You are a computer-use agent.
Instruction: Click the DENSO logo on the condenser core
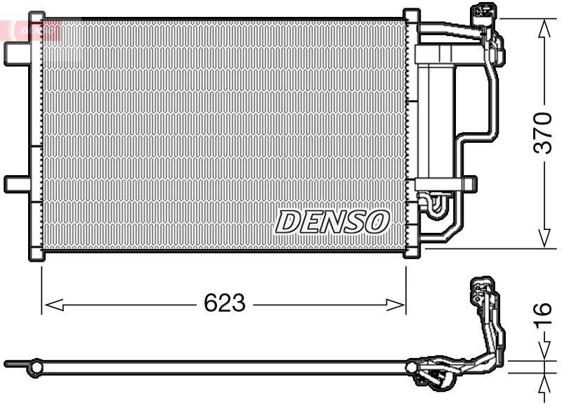coord(332,221)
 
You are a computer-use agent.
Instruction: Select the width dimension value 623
coord(224,303)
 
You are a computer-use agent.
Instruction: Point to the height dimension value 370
coord(542,132)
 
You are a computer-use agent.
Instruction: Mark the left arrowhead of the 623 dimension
coord(53,305)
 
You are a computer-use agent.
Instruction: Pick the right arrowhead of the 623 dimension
coord(396,305)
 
